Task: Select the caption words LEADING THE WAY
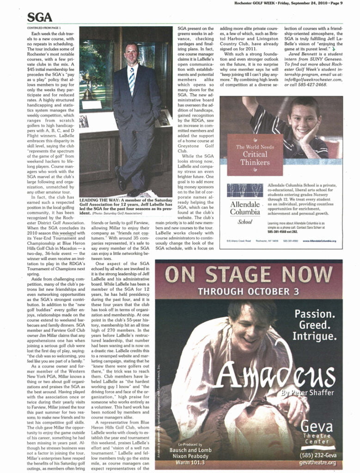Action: coord(98,199)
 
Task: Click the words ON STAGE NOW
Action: coord(249,275)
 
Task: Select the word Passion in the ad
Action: coord(314,314)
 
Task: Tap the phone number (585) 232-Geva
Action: coord(317,455)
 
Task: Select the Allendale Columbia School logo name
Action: coord(245,208)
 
